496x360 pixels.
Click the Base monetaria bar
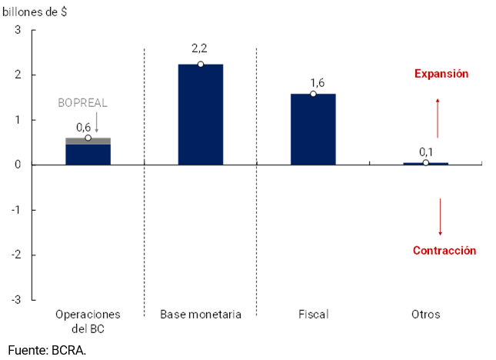tap(200, 115)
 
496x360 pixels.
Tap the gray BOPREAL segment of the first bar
tap(88, 141)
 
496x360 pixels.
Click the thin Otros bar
tap(425, 163)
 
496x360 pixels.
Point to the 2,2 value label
tap(200, 48)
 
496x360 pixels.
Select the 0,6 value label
tap(83, 127)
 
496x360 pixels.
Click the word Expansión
tap(441, 74)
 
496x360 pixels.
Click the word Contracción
tap(444, 251)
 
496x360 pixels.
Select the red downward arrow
tap(440, 217)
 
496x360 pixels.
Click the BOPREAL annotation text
tap(83, 102)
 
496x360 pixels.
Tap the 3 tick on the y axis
tap(17, 30)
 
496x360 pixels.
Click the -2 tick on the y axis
tap(15, 255)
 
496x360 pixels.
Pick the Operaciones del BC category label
tap(88, 321)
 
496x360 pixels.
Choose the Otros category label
tap(425, 315)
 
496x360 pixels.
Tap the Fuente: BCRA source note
tap(47, 350)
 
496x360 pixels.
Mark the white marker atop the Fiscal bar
tap(313, 94)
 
